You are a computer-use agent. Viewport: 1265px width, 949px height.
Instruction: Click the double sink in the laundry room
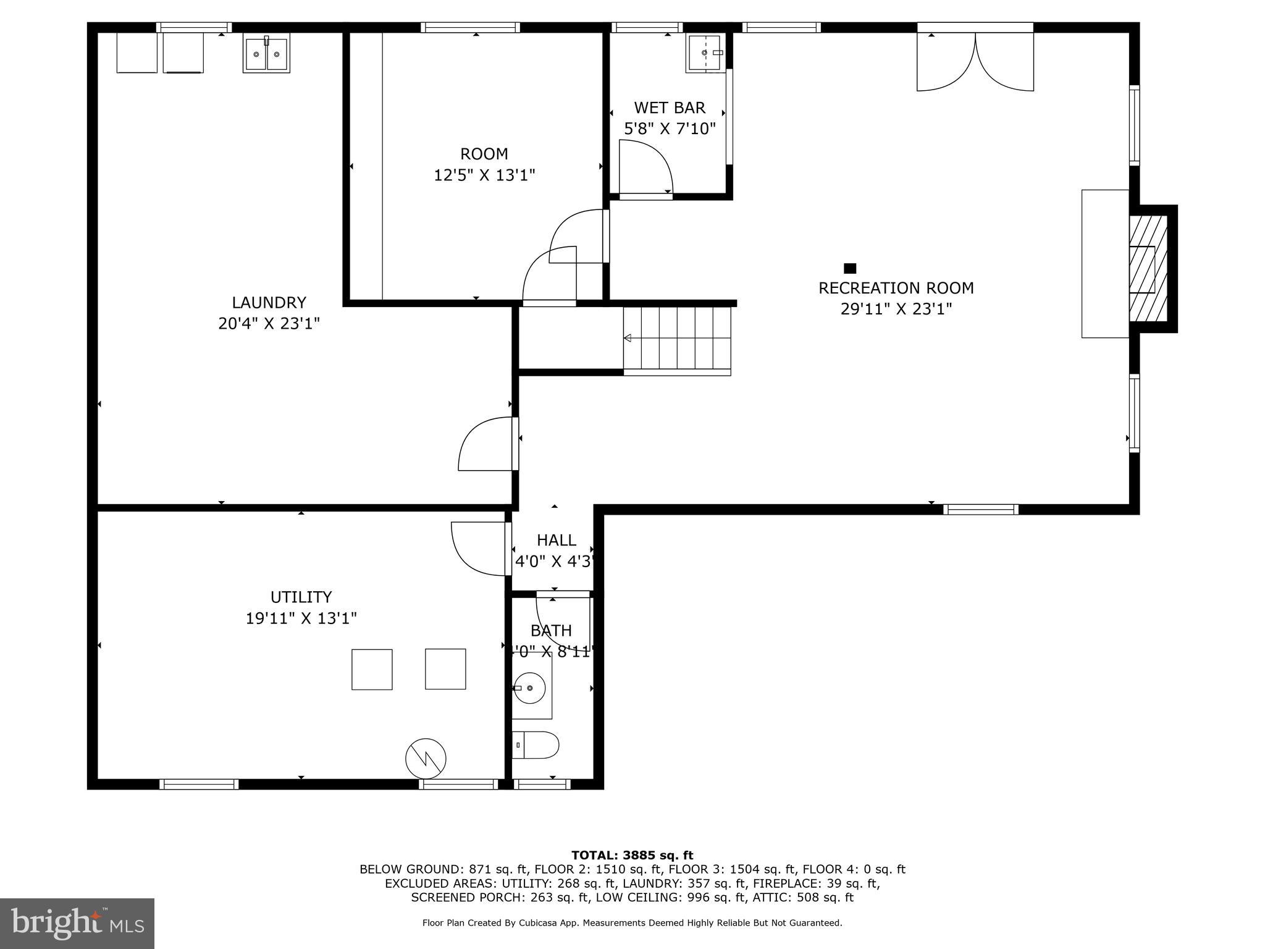point(266,55)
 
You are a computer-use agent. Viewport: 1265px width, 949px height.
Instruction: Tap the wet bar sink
point(705,53)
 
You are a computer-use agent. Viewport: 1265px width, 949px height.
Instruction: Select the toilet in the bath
point(536,744)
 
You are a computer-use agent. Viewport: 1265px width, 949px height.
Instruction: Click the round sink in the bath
point(531,688)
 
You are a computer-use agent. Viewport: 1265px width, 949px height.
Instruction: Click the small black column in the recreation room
point(850,268)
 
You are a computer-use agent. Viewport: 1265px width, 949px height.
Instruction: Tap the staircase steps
point(677,338)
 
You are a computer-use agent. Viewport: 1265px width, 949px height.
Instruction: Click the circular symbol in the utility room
point(426,758)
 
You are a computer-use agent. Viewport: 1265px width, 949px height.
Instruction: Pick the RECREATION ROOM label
point(896,288)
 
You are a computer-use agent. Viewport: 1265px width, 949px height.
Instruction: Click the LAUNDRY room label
point(269,302)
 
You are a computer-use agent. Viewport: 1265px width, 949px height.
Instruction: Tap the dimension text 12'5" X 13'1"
point(484,175)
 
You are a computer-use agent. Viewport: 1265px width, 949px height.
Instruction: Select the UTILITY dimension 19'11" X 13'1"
point(301,618)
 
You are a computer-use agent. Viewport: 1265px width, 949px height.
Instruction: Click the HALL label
point(556,540)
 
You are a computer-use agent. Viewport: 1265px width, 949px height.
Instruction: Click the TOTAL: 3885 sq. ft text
point(632,855)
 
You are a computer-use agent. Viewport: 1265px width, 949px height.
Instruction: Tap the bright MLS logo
point(77,923)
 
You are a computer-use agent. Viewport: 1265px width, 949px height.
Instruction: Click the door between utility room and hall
point(479,548)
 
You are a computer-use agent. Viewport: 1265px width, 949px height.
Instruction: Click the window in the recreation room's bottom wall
point(980,509)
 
